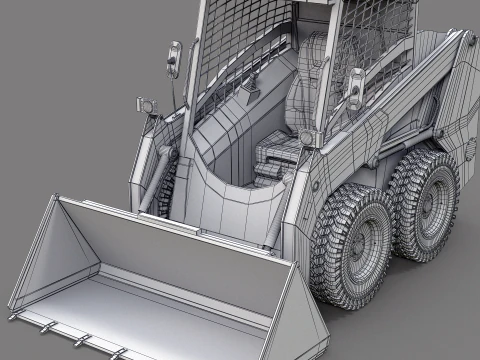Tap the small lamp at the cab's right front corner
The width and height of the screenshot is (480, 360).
click(307, 135)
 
